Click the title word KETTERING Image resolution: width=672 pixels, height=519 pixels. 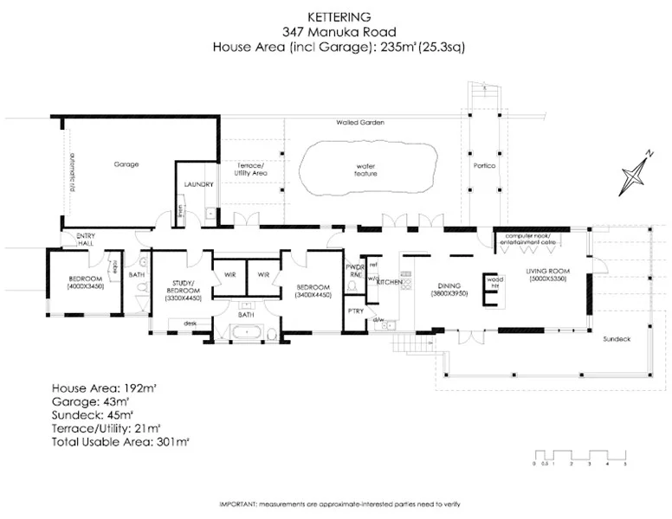pos(335,15)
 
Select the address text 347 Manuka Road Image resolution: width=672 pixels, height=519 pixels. pos(335,31)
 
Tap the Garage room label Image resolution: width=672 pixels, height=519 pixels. pos(126,163)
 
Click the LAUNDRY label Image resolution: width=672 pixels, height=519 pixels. pos(199,184)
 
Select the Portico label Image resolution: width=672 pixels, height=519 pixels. pos(484,165)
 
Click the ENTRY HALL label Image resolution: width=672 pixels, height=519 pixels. pos(86,239)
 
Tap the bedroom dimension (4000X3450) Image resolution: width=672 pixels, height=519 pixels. pos(86,285)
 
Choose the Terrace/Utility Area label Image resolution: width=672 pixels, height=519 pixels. pos(252,169)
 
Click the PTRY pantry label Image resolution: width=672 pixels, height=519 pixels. pos(355,310)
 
